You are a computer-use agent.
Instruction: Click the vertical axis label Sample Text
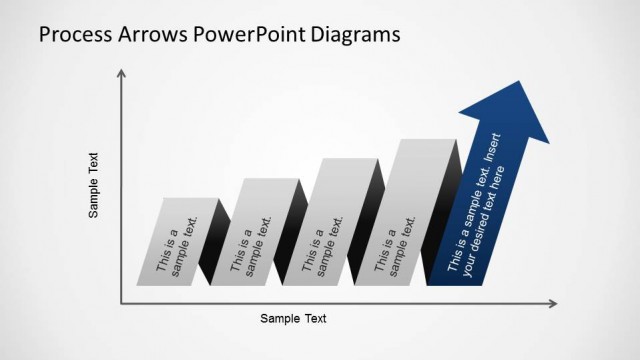[94, 185]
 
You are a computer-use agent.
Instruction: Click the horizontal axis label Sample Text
[293, 319]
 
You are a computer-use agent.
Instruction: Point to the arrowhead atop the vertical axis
[121, 73]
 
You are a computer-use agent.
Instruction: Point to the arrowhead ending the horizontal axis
[552, 302]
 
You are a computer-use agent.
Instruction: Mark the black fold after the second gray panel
[288, 235]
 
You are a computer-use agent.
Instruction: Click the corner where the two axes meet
[121, 302]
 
